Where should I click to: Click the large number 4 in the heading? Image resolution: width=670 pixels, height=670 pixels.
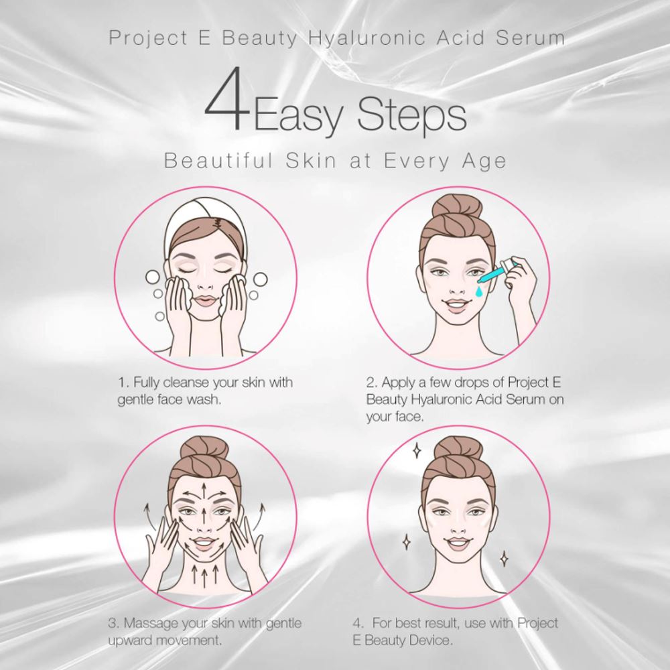[227, 99]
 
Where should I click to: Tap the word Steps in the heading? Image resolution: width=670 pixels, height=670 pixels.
[411, 115]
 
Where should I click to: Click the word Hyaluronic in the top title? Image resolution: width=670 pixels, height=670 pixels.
[366, 38]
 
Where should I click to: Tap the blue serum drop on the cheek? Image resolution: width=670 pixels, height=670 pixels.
[479, 291]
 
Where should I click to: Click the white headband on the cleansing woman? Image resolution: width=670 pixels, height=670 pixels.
[204, 224]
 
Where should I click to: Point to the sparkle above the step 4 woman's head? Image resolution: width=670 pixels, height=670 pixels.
[416, 450]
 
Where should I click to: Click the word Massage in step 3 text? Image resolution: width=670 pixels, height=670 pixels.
[150, 624]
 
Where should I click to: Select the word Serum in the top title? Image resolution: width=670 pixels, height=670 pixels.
[531, 38]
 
